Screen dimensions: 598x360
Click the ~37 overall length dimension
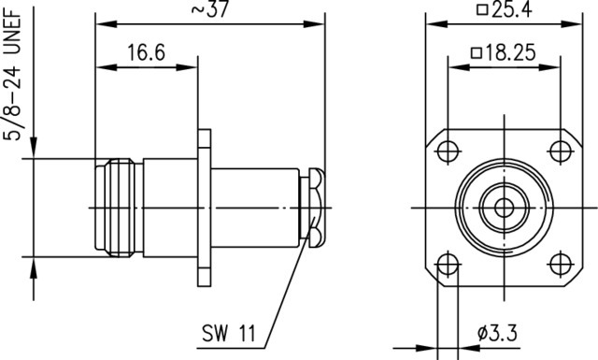tap(209, 9)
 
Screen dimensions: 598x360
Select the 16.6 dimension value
tap(146, 52)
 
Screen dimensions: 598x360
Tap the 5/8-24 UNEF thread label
tap(12, 75)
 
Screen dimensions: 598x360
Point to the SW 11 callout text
tap(229, 333)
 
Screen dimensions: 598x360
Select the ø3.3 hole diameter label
tap(497, 333)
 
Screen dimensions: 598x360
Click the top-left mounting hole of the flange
tap(448, 151)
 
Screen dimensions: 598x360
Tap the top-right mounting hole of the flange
tap(561, 151)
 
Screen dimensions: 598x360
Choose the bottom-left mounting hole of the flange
tap(448, 265)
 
